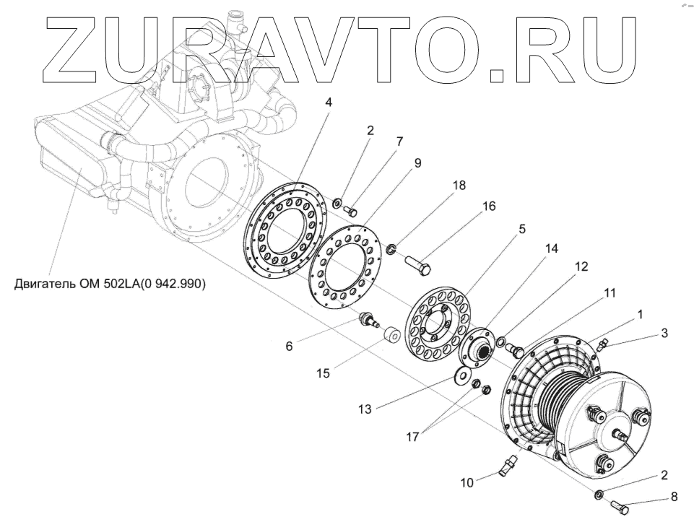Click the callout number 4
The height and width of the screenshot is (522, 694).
pyautogui.click(x=329, y=103)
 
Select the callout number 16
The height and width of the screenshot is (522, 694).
pyautogui.click(x=489, y=206)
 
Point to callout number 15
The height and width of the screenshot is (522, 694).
pyautogui.click(x=322, y=373)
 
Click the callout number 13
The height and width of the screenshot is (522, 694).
pyautogui.click(x=365, y=409)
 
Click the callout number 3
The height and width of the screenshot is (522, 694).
pyautogui.click(x=664, y=333)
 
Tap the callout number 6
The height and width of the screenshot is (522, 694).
pyautogui.click(x=289, y=346)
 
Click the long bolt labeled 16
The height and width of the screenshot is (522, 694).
pyautogui.click(x=417, y=263)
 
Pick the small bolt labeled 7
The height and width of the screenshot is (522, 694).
pyautogui.click(x=352, y=212)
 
